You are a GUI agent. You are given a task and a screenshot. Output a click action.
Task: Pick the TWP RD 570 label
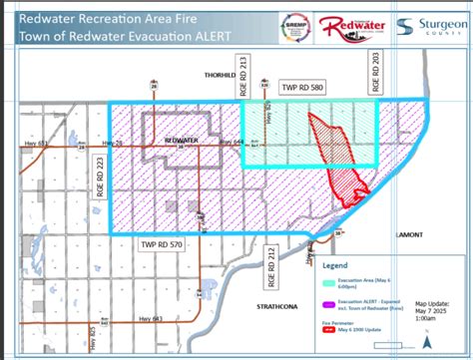coord(162,243)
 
